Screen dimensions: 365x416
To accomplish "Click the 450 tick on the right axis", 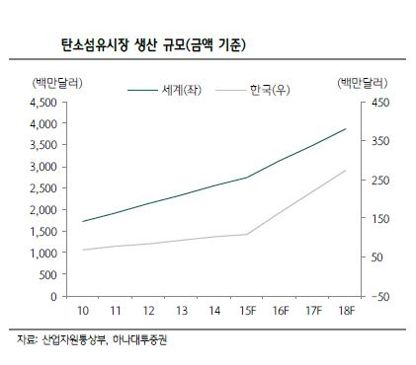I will coord(379,103).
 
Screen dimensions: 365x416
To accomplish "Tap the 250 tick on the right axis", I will coord(379,180).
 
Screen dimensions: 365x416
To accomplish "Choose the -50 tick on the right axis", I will coord(379,296).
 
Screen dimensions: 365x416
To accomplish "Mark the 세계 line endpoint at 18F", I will coord(346,128).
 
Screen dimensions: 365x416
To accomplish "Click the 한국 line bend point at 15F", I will coord(247,234).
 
